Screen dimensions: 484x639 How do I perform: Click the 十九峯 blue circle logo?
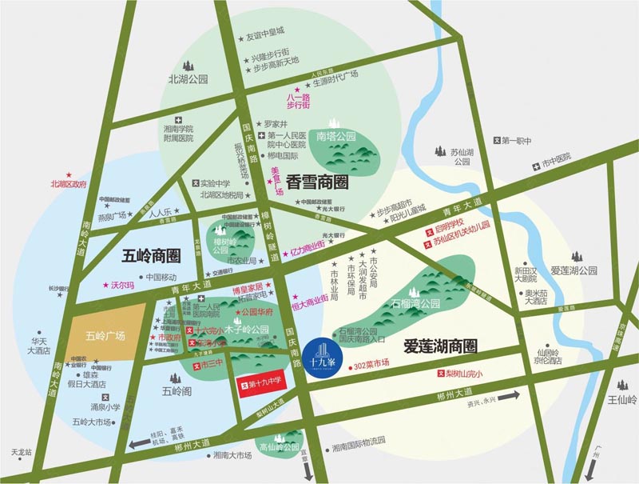[x=322, y=354]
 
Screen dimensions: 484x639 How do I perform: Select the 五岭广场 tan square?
[x=107, y=335]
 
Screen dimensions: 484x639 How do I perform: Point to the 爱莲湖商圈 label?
[x=440, y=346]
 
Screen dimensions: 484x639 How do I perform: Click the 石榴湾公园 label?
[x=416, y=303]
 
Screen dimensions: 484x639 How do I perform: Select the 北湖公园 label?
[x=188, y=79]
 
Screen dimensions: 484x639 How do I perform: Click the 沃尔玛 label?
[x=119, y=285]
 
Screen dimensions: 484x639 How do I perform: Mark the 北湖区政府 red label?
[x=67, y=183]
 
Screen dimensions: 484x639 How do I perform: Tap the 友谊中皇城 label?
[x=265, y=35]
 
